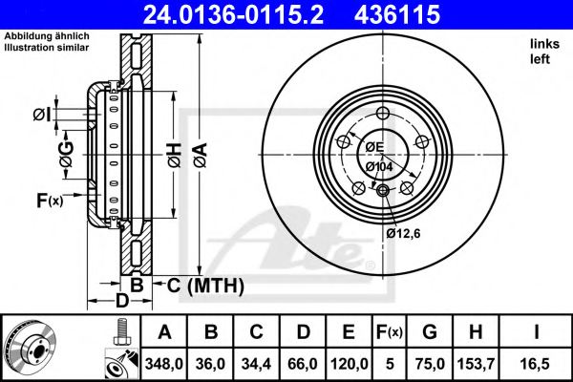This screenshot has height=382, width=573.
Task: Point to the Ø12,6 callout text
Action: coord(404,231)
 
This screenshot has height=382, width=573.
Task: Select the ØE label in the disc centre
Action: coord(371,146)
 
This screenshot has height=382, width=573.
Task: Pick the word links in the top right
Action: coord(541,44)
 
